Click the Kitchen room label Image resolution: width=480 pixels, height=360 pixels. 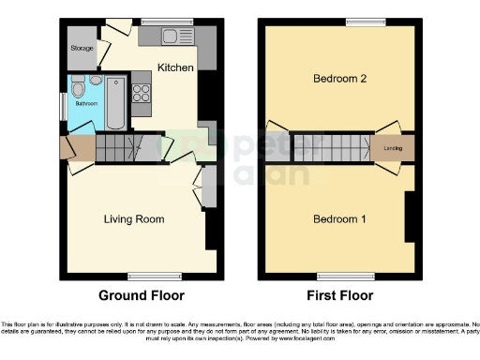tap(175, 68)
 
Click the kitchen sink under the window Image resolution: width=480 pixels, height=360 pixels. tap(174, 37)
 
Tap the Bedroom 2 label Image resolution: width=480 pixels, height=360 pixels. tap(338, 80)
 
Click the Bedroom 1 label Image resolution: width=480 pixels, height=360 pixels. tap(338, 220)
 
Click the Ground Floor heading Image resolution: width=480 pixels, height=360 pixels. tap(142, 295)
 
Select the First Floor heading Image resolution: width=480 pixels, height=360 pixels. tap(339, 295)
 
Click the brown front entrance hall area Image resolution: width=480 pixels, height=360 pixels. tap(78, 148)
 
